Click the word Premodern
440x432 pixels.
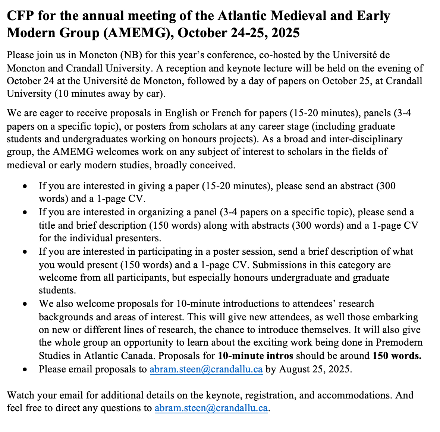pyautogui.click(x=399, y=343)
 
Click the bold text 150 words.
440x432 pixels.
pyautogui.click(x=397, y=356)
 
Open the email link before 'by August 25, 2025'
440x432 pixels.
pyautogui.click(x=206, y=369)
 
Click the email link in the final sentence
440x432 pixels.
pyautogui.click(x=211, y=408)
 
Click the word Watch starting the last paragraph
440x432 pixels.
pyautogui.click(x=20, y=395)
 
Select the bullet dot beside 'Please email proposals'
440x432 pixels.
pyautogui.click(x=25, y=370)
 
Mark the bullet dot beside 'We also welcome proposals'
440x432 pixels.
pyautogui.click(x=25, y=304)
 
